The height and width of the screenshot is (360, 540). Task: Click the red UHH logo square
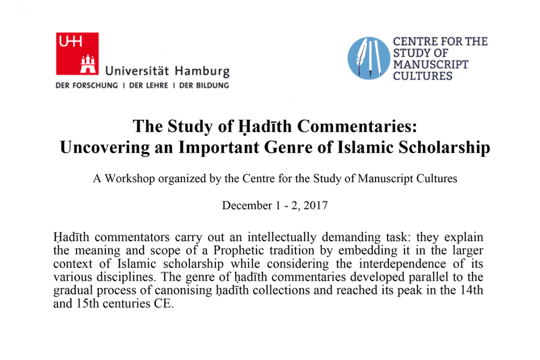[77, 53]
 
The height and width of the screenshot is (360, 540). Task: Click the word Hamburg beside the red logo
[202, 72]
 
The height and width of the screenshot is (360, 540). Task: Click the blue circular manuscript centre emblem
[368, 58]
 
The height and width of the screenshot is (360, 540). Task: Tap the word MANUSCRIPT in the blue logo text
[430, 64]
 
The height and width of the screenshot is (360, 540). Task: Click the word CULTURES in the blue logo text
[422, 75]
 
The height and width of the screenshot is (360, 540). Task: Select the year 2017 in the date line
[315, 205]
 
